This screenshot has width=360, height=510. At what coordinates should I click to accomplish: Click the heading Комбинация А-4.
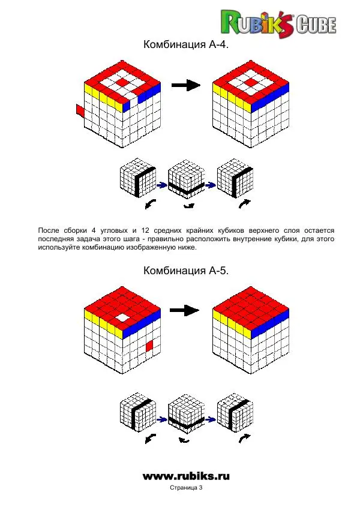point(186,45)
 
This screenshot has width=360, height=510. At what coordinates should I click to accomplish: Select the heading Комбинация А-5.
point(186,271)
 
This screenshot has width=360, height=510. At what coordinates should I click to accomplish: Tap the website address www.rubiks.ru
point(186,476)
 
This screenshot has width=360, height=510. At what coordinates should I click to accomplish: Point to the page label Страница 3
point(186,489)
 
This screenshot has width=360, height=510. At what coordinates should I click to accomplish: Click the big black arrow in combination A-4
point(185,86)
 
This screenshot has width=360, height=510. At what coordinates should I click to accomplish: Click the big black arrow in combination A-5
point(185,310)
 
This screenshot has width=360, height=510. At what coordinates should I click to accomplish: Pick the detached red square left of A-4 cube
point(79,110)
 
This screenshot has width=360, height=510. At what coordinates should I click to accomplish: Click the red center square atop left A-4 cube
point(122,81)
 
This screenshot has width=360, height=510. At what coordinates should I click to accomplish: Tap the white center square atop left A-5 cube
point(122,317)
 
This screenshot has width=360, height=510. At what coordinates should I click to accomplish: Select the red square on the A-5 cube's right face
point(149,346)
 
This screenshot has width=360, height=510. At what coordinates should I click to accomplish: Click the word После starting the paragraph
point(50,230)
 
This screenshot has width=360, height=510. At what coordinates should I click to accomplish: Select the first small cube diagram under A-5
point(138,413)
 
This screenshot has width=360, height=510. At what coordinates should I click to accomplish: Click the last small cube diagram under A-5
point(232,412)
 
